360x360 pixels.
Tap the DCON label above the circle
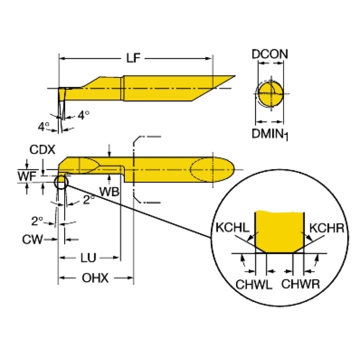tap(270, 54)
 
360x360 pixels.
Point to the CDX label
tap(43, 150)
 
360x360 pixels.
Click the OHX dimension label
tap(95, 278)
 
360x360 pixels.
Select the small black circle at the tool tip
tap(61, 182)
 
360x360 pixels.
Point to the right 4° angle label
tap(83, 115)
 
